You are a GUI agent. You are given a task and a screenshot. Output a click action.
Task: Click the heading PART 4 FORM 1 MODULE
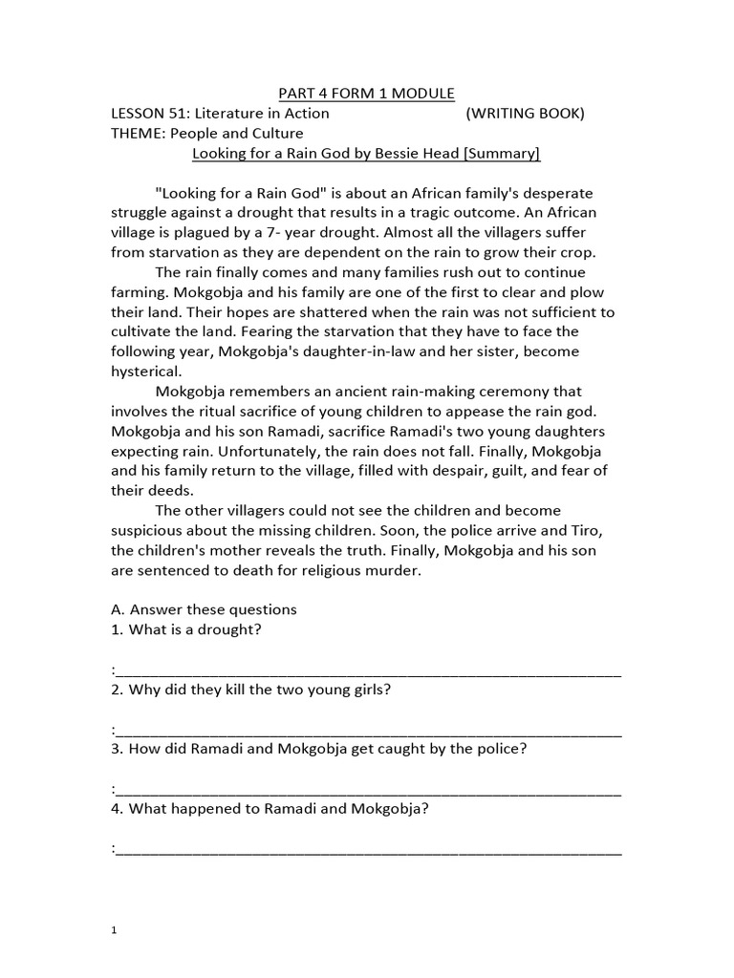pyautogui.click(x=366, y=93)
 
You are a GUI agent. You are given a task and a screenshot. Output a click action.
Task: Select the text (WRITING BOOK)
pyautogui.click(x=525, y=114)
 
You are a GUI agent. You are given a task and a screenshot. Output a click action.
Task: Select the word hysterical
pyautogui.click(x=142, y=372)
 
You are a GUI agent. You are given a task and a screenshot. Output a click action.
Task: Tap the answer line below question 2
pyautogui.click(x=368, y=731)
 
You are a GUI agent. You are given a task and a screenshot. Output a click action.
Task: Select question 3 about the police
pyautogui.click(x=319, y=749)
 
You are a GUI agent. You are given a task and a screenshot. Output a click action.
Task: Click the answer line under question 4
pyautogui.click(x=368, y=849)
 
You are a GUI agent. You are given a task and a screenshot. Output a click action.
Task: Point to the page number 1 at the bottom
pyautogui.click(x=114, y=929)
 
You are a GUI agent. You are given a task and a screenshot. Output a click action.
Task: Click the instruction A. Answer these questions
pyautogui.click(x=204, y=608)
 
